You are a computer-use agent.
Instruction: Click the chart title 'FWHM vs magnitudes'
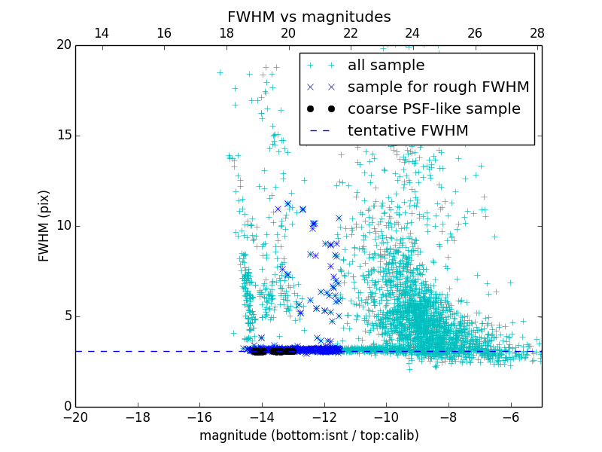click(309, 17)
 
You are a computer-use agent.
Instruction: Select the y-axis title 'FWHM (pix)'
click(44, 225)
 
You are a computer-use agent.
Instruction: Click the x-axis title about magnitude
click(309, 435)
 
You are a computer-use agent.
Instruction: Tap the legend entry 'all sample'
click(385, 66)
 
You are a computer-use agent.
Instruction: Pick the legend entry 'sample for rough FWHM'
click(438, 87)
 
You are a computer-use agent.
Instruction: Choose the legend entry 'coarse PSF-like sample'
click(433, 109)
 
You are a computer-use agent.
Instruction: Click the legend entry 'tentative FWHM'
click(407, 131)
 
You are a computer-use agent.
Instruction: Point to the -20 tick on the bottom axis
click(75, 417)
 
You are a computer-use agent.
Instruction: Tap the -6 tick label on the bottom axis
click(510, 417)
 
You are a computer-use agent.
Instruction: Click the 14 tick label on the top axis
click(102, 33)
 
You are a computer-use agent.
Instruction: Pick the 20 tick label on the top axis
click(288, 33)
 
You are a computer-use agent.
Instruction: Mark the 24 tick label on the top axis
click(412, 33)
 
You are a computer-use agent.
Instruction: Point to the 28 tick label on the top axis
click(537, 33)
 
